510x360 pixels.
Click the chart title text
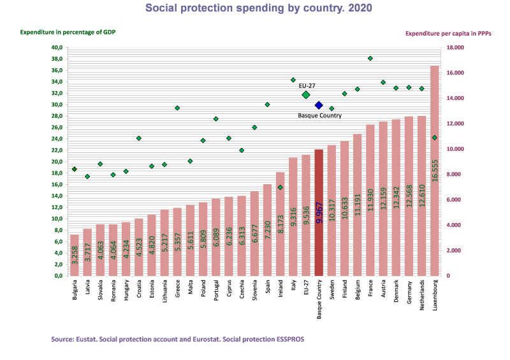point(259,8)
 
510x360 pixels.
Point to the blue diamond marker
point(319,105)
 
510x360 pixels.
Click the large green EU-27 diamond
point(306,95)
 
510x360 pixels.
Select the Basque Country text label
point(319,116)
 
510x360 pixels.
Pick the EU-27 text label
point(307,85)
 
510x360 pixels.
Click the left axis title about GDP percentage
point(68,32)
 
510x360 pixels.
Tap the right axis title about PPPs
point(448,32)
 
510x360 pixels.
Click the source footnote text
point(177,340)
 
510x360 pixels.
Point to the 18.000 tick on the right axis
point(455,48)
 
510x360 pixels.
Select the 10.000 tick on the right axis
point(455,149)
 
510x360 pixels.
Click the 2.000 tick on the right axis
point(453,250)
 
